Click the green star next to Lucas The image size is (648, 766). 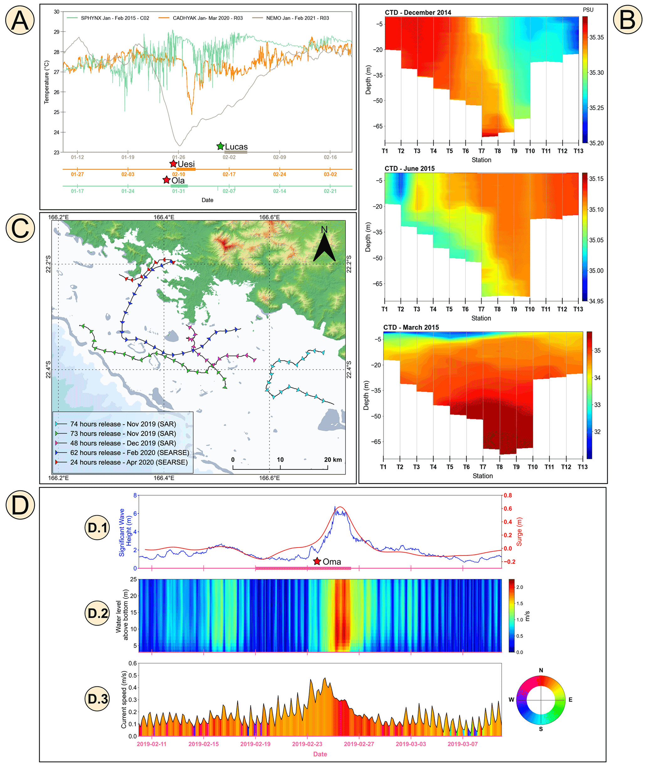tap(220, 146)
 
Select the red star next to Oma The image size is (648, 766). tap(317, 561)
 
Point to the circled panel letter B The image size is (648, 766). tap(627, 19)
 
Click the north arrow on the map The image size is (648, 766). tap(324, 246)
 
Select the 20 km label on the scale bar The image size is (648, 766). tap(332, 459)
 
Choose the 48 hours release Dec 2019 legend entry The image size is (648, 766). tap(123, 443)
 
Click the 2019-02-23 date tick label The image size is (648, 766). tap(307, 744)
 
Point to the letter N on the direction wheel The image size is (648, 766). tap(541, 670)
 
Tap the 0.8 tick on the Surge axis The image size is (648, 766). tap(508, 496)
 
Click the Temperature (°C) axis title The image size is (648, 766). tap(47, 82)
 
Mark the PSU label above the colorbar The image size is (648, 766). tap(588, 10)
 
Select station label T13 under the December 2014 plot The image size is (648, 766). tap(578, 151)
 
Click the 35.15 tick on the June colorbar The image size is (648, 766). tap(596, 179)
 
